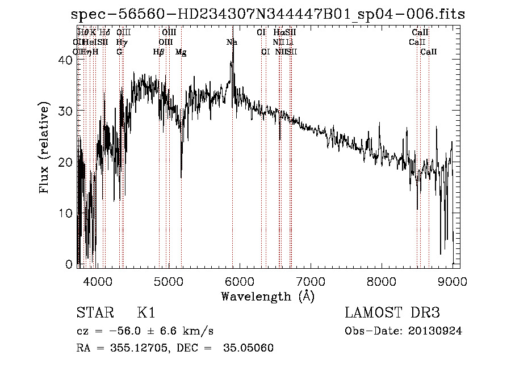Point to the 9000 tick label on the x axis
coord(452,281)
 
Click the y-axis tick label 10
coord(67,214)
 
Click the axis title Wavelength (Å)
coord(267,296)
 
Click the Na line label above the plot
coord(232,43)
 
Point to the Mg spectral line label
coord(181,52)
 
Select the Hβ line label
coord(158,52)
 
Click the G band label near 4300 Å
coord(119,52)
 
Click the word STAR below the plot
coord(93,314)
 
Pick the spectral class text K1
coord(146,314)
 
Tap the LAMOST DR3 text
coord(392,314)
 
